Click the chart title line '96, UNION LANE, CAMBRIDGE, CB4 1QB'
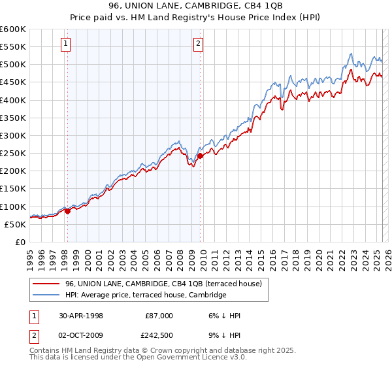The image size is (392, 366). click(x=196, y=7)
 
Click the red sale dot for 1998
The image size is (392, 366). click(x=67, y=211)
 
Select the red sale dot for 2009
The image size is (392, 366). click(x=200, y=156)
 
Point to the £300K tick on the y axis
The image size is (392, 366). click(x=13, y=136)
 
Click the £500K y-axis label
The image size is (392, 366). click(x=13, y=65)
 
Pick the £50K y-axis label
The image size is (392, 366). click(x=15, y=224)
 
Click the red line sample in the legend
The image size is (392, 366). click(x=47, y=284)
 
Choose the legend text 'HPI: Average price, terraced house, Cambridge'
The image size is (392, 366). click(x=145, y=295)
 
